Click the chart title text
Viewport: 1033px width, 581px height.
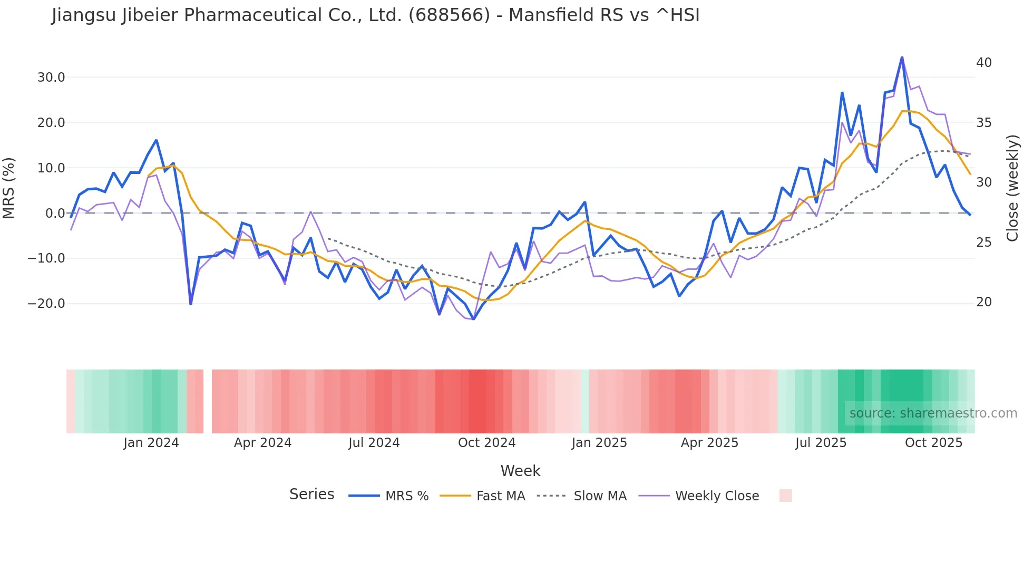click(x=375, y=15)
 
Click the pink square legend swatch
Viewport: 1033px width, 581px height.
click(x=785, y=496)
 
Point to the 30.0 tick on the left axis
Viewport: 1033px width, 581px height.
click(x=51, y=78)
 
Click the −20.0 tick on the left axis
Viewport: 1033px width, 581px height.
click(x=46, y=304)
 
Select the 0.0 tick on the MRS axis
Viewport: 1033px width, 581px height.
click(x=55, y=213)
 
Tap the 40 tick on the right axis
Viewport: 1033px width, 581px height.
click(x=983, y=63)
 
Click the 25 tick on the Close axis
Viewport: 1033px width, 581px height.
click(x=983, y=243)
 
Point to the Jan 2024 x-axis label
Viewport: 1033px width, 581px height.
click(x=151, y=443)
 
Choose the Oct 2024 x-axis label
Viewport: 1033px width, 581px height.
click(x=486, y=443)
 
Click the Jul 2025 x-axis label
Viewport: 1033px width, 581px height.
click(x=821, y=443)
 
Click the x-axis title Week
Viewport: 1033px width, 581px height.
click(x=520, y=471)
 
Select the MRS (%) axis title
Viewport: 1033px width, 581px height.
click(x=9, y=188)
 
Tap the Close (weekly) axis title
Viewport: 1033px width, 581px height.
click(x=1012, y=188)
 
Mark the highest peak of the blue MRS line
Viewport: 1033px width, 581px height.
click(x=902, y=57)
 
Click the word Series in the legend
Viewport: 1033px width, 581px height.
click(x=311, y=495)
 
